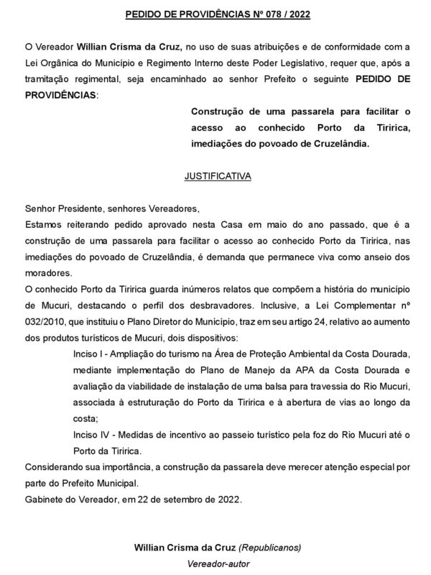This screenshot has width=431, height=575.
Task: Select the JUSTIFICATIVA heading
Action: pyautogui.click(x=215, y=175)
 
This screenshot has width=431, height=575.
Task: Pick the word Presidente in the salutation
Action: pyautogui.click(x=78, y=209)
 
